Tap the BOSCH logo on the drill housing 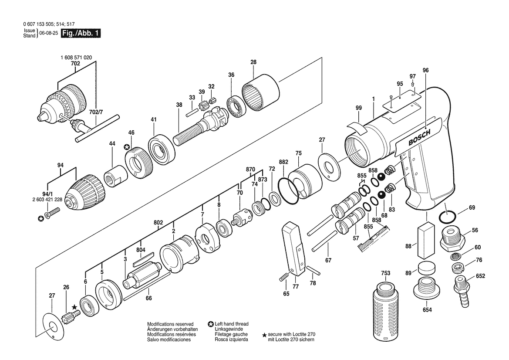[419, 137]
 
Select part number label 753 [386, 273]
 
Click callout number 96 [426, 70]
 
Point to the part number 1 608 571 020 [76, 58]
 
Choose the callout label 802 [158, 223]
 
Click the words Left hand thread [232, 324]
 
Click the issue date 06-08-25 [48, 33]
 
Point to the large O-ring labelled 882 [288, 192]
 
